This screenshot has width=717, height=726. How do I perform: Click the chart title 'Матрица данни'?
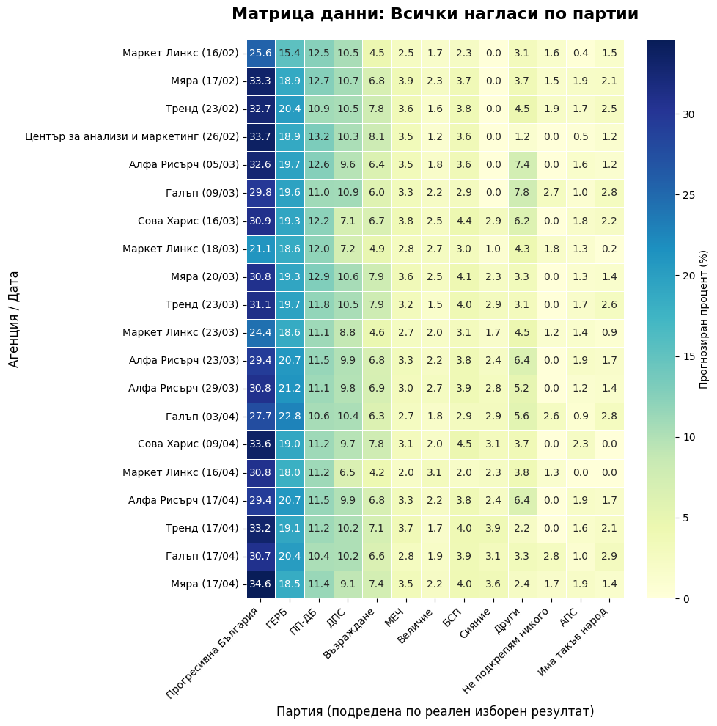pos(435,14)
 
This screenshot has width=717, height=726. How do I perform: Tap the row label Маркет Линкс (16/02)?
pos(180,53)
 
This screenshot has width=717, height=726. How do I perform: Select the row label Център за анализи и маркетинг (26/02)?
pos(132,136)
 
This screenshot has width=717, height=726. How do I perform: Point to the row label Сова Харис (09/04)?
pos(188,444)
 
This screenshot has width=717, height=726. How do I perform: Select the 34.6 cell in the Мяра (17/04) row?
pos(260,584)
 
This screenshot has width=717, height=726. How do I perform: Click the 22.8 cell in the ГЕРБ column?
pos(290,417)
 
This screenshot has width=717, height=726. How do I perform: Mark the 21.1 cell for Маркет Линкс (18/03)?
pos(260,249)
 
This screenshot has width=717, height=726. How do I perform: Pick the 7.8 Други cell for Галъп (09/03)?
pos(523,192)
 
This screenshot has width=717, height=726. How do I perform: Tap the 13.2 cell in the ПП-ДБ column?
pos(318,136)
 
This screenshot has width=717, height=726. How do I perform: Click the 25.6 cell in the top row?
pos(260,53)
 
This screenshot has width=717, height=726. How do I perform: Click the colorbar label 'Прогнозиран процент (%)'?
pos(704,319)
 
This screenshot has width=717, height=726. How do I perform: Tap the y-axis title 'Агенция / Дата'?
pos(14,319)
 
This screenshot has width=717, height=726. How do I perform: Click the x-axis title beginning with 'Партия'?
pos(435,711)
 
